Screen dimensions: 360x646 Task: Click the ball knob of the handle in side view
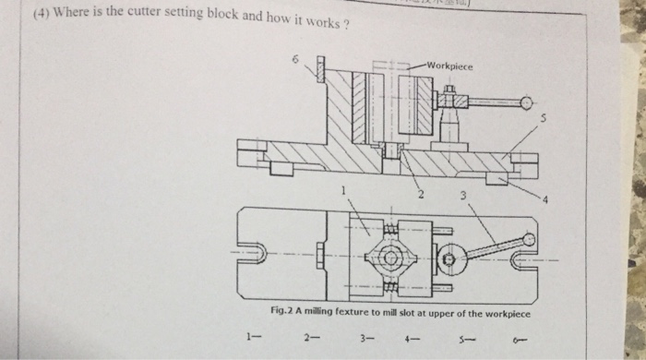click(x=527, y=102)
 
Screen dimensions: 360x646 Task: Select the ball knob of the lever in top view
click(x=527, y=240)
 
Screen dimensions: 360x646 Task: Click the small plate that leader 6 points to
click(x=321, y=70)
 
